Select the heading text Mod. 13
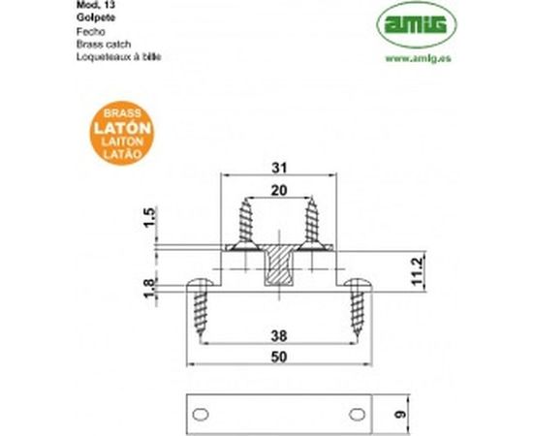click(91, 5)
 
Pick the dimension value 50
click(278, 358)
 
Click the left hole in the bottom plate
click(200, 414)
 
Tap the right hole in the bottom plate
click(357, 414)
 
